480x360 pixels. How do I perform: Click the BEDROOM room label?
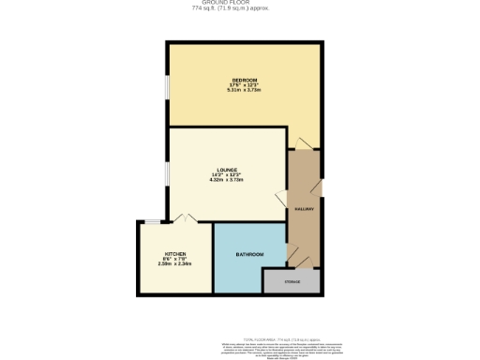point(245,81)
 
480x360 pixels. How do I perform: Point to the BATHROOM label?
point(248,255)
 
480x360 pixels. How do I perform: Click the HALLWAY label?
point(304,210)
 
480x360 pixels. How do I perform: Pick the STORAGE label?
point(292,281)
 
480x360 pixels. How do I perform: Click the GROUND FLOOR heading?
point(239,4)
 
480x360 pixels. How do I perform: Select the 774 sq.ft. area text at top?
point(239,10)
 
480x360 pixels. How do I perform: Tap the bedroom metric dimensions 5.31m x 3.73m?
point(245,91)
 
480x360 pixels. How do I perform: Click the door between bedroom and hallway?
point(299,143)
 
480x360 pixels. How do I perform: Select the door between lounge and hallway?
point(281,199)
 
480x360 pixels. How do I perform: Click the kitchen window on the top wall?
point(150,222)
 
